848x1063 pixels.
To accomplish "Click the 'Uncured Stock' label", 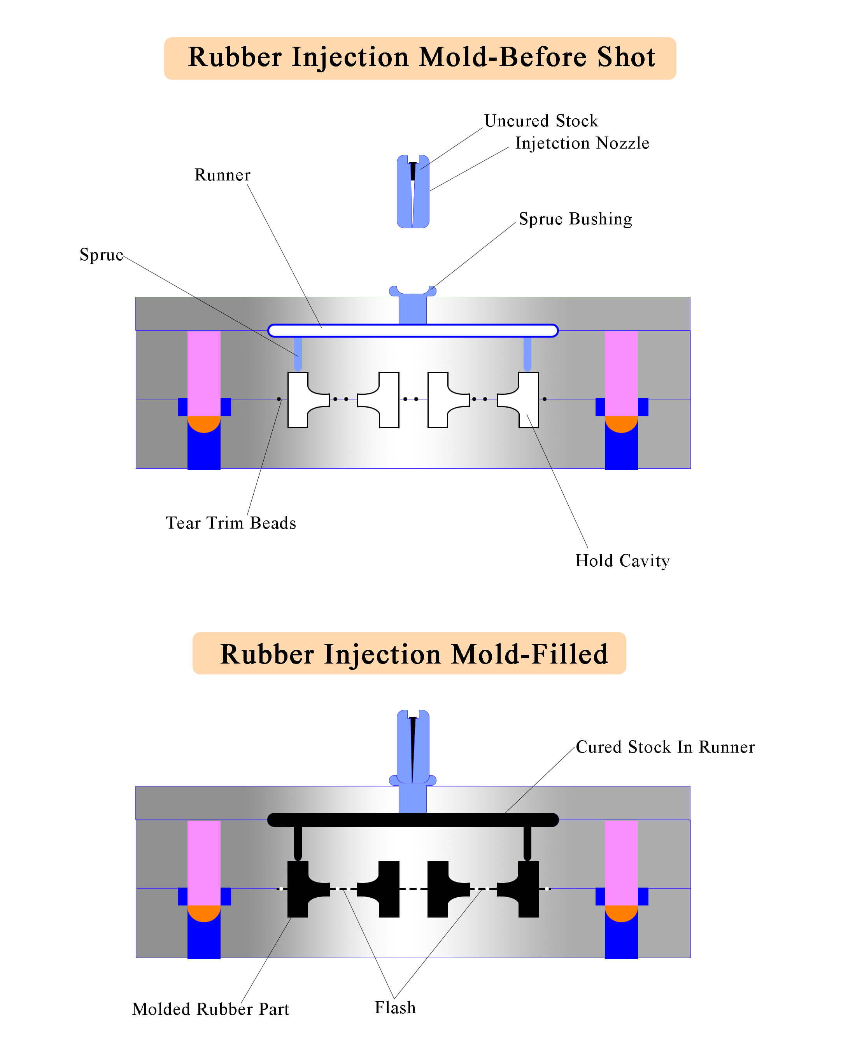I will pos(540,121).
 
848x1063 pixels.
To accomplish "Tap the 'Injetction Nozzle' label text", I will pos(582,143).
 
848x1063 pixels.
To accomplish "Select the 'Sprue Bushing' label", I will pos(575,219).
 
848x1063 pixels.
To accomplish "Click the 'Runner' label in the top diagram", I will pos(223,175).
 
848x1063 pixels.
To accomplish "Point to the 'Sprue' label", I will pos(101,255).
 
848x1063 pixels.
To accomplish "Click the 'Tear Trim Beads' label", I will pos(231,523).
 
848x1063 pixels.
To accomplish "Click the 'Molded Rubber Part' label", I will pos(210,1009).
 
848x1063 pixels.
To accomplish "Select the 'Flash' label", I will pos(395,1007).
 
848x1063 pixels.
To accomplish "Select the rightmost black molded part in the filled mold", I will pos(527,890).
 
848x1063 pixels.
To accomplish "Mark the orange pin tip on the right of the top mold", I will pos(621,423).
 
